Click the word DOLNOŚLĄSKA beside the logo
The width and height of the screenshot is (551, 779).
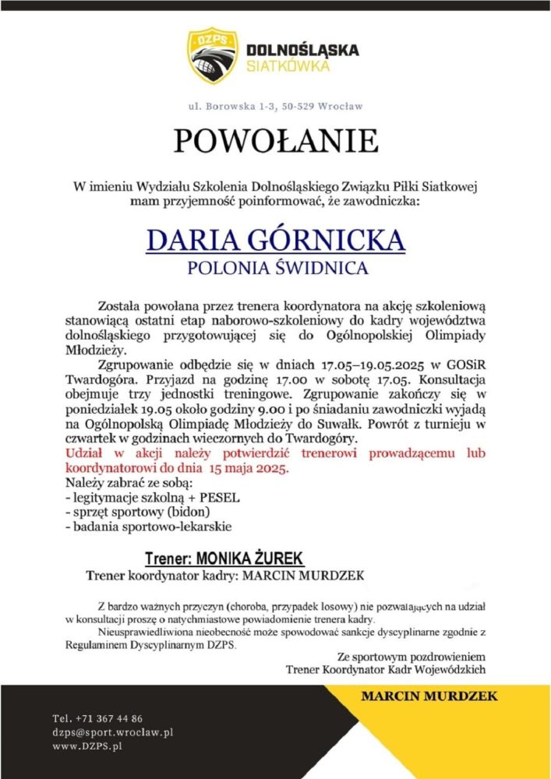coord(302,50)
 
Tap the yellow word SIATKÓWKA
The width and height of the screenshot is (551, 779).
coord(288,66)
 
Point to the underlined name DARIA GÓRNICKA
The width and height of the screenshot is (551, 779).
coord(276,240)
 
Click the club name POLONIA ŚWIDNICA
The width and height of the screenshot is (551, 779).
coord(276,270)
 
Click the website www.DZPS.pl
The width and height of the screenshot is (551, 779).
coord(88,746)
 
